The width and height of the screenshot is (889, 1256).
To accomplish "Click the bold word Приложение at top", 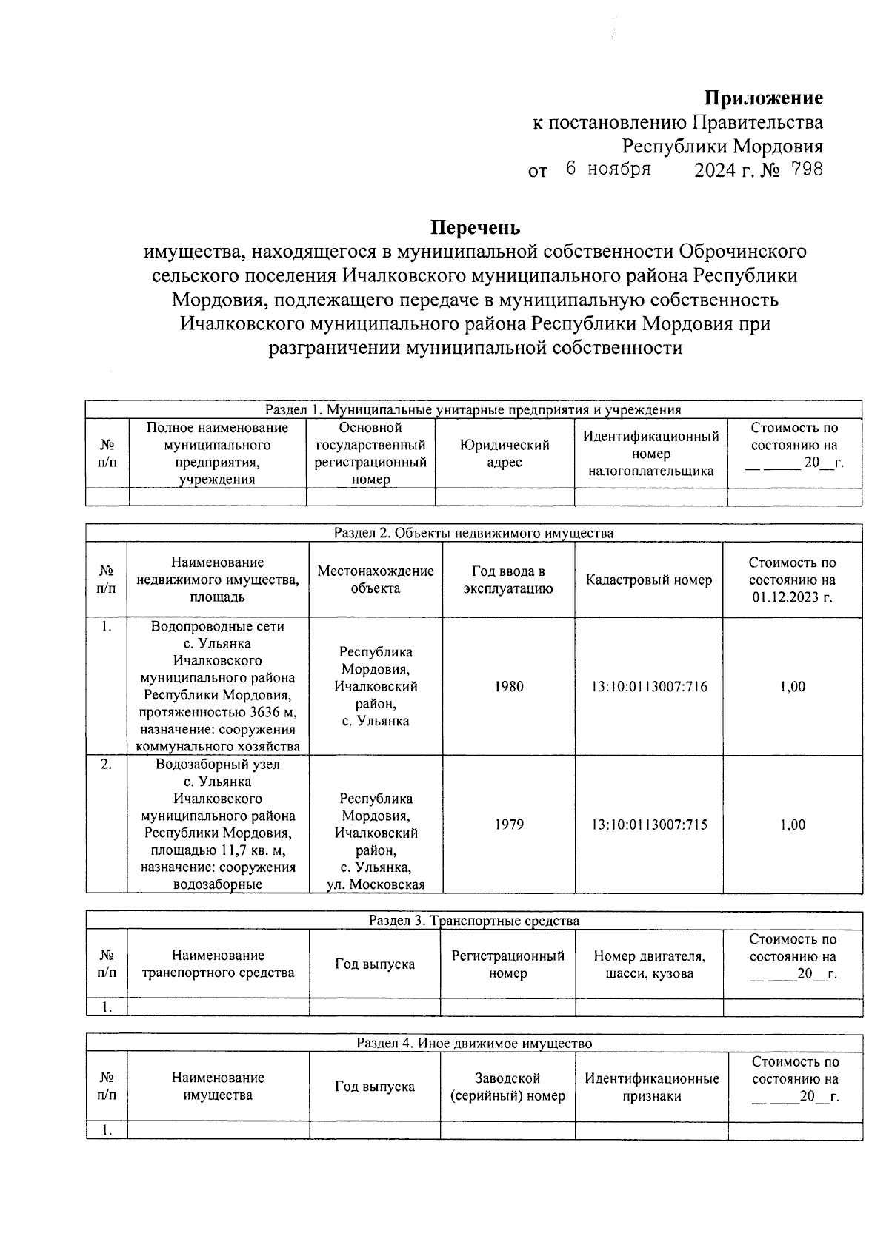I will [763, 98].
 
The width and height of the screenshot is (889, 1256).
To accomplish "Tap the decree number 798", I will [807, 169].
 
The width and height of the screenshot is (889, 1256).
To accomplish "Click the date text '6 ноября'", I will [607, 169].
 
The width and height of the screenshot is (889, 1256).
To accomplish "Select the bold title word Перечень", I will [476, 226].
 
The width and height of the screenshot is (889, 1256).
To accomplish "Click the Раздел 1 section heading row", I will [473, 409].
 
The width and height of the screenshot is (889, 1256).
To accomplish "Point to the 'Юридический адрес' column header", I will [504, 453].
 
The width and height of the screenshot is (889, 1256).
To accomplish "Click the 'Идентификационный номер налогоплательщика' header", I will [650, 453].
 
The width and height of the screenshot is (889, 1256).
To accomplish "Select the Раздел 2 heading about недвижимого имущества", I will [473, 533].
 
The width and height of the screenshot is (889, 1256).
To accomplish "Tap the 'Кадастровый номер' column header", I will [648, 580].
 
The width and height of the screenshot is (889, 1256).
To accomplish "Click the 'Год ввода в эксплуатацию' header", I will [508, 580].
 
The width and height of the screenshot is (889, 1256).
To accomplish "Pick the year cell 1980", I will [508, 686].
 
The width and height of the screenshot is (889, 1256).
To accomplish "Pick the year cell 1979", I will [508, 824].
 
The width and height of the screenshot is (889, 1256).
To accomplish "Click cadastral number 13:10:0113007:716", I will [648, 686].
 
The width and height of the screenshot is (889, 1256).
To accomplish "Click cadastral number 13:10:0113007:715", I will [648, 824].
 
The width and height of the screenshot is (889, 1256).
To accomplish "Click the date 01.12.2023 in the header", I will [792, 597].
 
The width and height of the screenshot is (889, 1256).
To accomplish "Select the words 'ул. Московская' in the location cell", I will [376, 884].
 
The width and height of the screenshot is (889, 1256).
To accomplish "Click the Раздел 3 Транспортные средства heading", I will [473, 921].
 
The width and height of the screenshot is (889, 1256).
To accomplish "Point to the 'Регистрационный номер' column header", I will [507, 964].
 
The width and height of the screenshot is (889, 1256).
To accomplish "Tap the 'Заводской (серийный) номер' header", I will [507, 1087].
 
